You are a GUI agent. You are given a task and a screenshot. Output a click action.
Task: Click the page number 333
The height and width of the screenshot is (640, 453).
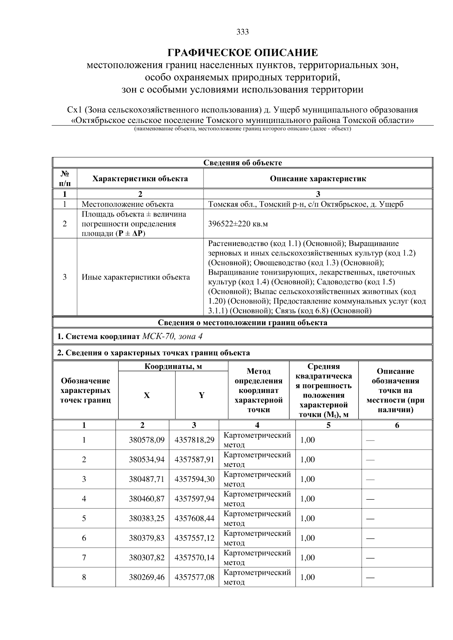point(242,32)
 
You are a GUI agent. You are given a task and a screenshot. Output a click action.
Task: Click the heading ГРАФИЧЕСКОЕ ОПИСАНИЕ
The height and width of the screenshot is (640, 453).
point(242,52)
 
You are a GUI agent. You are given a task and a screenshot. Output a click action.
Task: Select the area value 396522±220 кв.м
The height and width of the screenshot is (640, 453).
point(238,224)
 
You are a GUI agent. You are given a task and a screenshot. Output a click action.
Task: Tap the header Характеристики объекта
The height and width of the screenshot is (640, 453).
point(140,179)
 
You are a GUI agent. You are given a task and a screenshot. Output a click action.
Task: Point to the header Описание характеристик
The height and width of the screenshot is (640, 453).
point(318,179)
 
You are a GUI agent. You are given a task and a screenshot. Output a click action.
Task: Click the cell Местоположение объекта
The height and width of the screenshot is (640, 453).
point(128,204)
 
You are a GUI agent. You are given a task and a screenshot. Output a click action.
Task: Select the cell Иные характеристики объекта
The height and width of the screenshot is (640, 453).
point(136,277)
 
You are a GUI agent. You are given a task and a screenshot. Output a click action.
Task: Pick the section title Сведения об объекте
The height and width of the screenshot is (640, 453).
point(242,163)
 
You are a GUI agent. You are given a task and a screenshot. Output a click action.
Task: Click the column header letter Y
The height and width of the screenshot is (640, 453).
point(202,395)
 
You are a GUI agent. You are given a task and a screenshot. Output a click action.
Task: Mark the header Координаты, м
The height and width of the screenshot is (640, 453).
point(173,367)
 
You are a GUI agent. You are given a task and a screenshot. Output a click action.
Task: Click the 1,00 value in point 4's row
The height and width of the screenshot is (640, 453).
point(307,499)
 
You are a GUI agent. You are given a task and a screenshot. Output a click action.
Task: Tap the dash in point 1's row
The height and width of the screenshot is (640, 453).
point(370,440)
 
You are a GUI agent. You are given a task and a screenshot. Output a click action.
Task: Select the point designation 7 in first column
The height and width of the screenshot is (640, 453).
point(84,557)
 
